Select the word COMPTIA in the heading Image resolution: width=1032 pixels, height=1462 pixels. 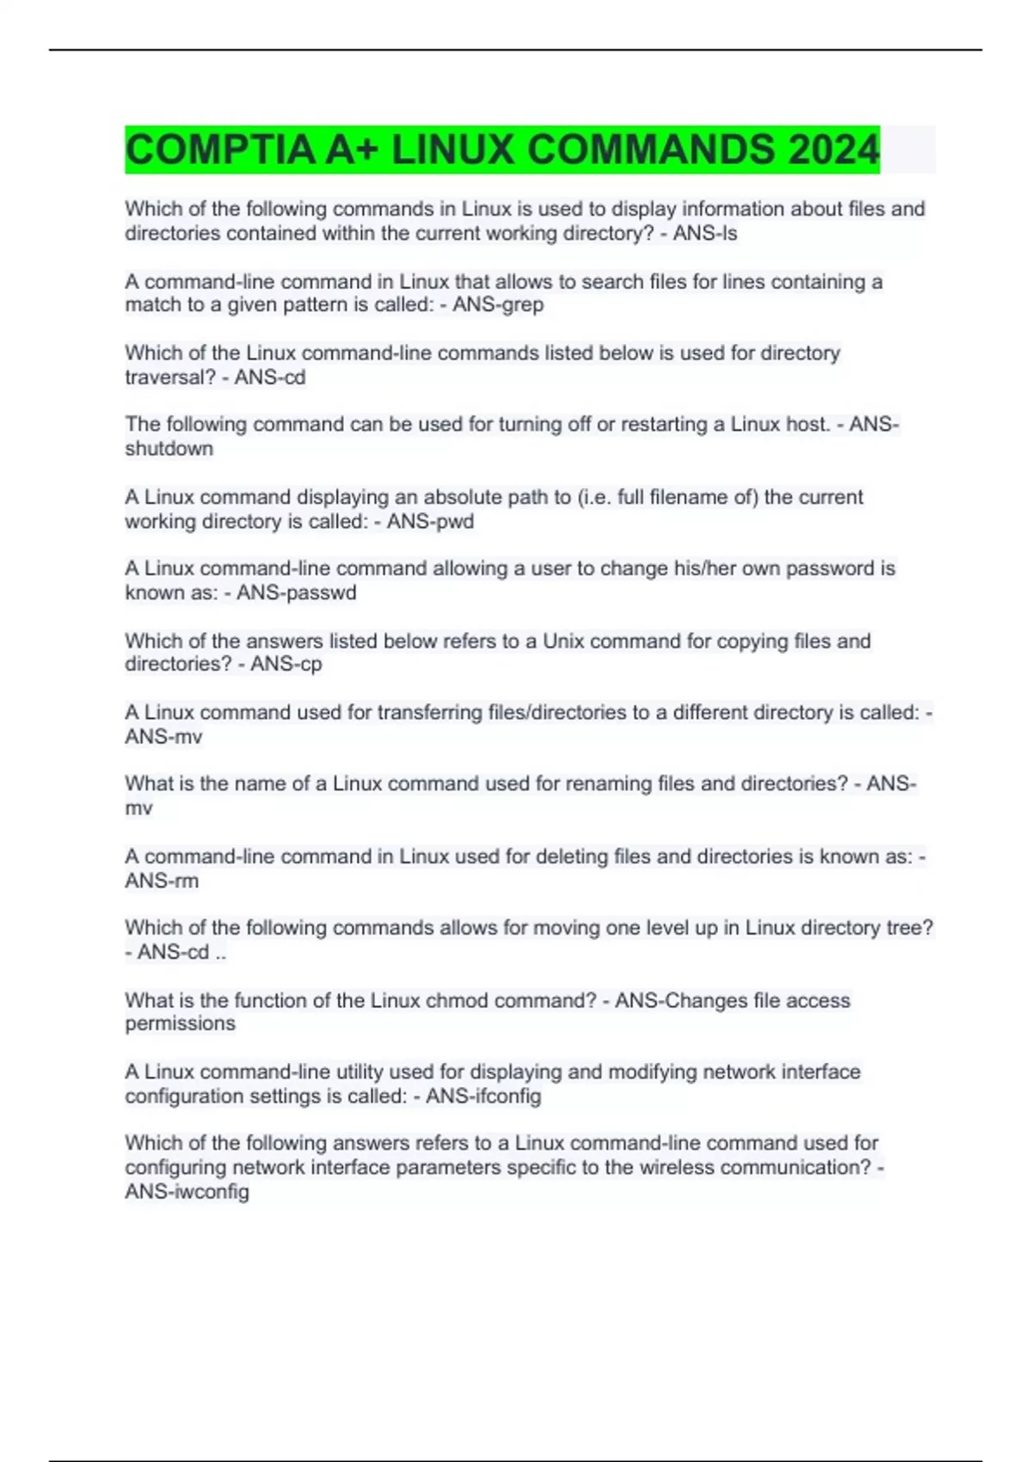coord(220,150)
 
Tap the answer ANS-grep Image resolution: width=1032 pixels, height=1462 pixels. coord(498,304)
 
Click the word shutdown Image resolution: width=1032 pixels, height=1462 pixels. coord(169,448)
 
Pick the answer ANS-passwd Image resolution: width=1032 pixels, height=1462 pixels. coord(296,593)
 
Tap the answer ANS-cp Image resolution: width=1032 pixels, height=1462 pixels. coord(286,664)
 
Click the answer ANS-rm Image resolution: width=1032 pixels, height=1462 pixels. coord(162,881)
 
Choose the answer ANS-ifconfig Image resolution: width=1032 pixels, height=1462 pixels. coord(483,1096)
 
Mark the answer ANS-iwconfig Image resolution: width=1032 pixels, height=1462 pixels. coord(187,1191)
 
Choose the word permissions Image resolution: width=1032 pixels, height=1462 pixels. coord(180,1023)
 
